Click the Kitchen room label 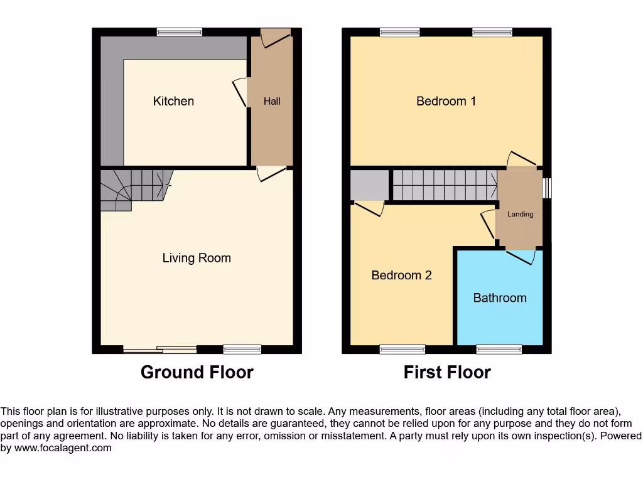click(173, 101)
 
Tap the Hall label click(272, 101)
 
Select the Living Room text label click(197, 258)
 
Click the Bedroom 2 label click(401, 275)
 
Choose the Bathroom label click(500, 297)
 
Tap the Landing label click(521, 214)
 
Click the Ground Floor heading click(197, 372)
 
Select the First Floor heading click(447, 372)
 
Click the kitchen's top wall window click(180, 32)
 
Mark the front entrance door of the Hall click(276, 38)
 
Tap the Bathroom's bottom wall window click(499, 349)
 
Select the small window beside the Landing click(547, 188)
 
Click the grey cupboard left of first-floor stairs click(369, 185)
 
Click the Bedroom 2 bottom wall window click(403, 349)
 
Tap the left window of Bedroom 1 click(400, 32)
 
